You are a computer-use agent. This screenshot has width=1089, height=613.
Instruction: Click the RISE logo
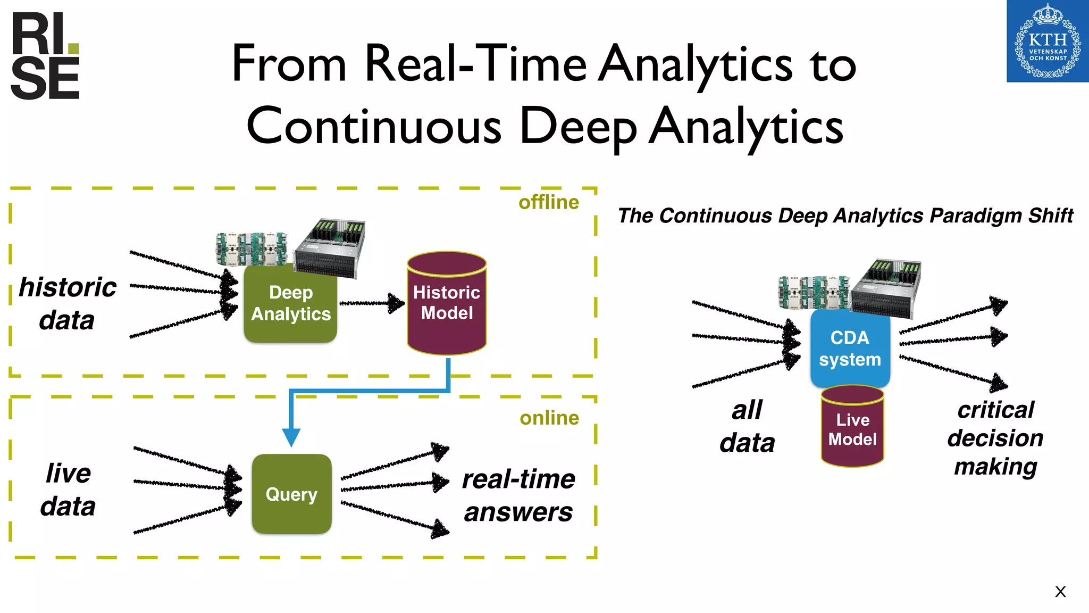(x=45, y=56)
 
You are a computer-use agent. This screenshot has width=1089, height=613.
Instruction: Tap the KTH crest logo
(x=1047, y=42)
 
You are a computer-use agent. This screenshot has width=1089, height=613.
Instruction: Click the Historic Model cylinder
(x=447, y=303)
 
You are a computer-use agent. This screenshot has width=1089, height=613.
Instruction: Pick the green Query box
(x=291, y=494)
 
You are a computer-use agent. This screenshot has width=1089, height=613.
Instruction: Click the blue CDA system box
(x=850, y=349)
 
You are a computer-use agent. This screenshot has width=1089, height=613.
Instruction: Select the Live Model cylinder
(x=852, y=428)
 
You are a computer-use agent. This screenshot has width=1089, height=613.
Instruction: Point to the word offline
(x=548, y=202)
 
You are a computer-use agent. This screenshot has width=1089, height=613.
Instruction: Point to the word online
(x=549, y=418)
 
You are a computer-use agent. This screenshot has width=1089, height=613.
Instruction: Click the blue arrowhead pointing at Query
(x=291, y=437)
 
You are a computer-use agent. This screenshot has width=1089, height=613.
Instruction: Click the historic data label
(x=67, y=303)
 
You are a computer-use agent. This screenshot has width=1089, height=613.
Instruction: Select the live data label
(x=68, y=490)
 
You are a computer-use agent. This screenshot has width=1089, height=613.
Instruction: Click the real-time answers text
(x=518, y=495)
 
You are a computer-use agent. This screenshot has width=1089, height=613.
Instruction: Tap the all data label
(x=747, y=426)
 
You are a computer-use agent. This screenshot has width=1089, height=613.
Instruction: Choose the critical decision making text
(x=995, y=438)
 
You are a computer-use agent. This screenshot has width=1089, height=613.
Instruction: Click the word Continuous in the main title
(x=374, y=127)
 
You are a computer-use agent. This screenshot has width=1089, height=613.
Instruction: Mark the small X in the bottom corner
(x=1060, y=592)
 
